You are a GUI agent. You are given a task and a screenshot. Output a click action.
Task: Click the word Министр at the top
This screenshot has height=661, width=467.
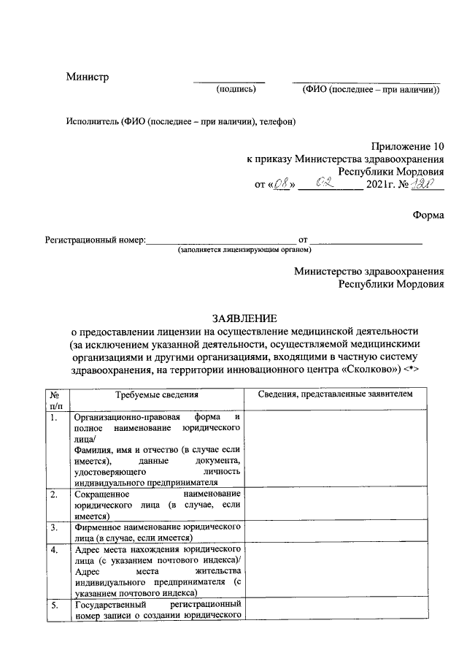click(87, 77)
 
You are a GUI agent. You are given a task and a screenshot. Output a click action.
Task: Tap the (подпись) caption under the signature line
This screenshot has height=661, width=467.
click(236, 90)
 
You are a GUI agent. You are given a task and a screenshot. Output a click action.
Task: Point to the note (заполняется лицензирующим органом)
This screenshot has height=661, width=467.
click(244, 250)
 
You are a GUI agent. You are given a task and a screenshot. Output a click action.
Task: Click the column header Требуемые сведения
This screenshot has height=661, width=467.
click(158, 394)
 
